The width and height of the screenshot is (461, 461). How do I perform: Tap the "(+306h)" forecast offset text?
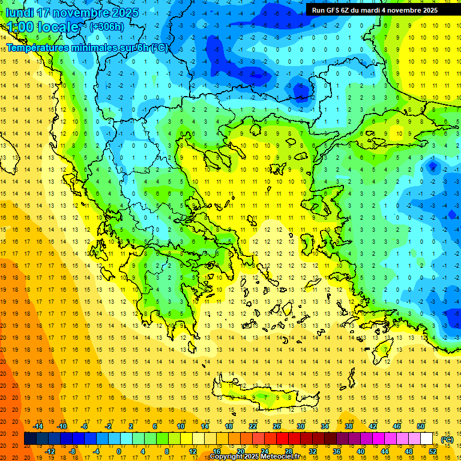point(107,26)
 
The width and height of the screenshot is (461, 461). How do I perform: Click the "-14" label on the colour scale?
point(38,426)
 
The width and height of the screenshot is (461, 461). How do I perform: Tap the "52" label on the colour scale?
point(433,451)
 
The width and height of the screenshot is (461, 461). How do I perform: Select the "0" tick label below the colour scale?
point(119,451)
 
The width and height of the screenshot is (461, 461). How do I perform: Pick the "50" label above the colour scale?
point(421,426)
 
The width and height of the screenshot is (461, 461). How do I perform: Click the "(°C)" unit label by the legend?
point(447,439)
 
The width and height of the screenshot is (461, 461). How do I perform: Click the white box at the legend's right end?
point(427,439)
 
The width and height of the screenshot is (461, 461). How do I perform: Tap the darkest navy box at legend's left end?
point(30,439)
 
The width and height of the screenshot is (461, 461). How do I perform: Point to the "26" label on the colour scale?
point(277,426)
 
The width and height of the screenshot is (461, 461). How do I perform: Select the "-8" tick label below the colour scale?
point(73,451)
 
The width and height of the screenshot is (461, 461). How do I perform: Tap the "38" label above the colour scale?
point(349,426)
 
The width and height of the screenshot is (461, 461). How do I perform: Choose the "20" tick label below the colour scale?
point(241,451)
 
